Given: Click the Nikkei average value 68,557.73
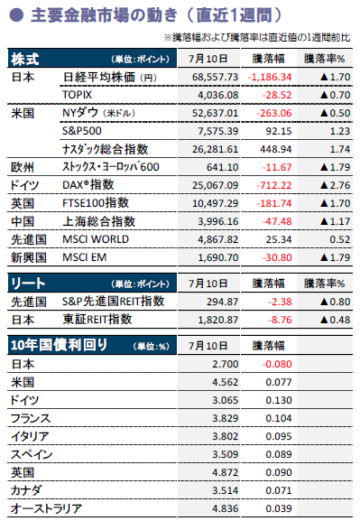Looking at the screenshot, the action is pyautogui.click(x=216, y=77).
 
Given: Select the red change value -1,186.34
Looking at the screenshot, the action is pyautogui.click(x=270, y=77).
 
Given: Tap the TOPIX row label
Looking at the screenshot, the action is pyautogui.click(x=77, y=95).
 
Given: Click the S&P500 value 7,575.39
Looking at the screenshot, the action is pyautogui.click(x=218, y=131).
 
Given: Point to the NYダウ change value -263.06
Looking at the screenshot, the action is pyautogui.click(x=274, y=113).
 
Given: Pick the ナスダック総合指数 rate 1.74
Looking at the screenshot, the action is pyautogui.click(x=340, y=149).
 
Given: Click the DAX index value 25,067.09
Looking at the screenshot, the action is pyautogui.click(x=216, y=185).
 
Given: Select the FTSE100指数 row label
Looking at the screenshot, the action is pyautogui.click(x=96, y=202).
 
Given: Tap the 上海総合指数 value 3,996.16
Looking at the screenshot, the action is pyautogui.click(x=218, y=221).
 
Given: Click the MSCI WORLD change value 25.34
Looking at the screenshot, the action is pyautogui.click(x=278, y=239).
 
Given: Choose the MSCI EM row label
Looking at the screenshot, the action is pyautogui.click(x=85, y=257).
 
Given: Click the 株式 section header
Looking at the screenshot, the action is pyautogui.click(x=25, y=60).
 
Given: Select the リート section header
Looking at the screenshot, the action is pyautogui.click(x=28, y=284).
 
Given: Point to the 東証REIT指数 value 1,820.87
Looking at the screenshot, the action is pyautogui.click(x=218, y=320).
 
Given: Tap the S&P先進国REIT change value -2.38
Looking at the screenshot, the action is pyautogui.click(x=280, y=302).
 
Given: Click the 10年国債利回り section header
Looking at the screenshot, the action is pyautogui.click(x=59, y=345).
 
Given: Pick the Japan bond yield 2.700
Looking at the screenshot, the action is pyautogui.click(x=226, y=364).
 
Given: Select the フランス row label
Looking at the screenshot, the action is pyautogui.click(x=31, y=418).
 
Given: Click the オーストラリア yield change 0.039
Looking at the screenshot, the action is pyautogui.click(x=278, y=508).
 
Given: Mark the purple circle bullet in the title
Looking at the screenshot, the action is pyautogui.click(x=16, y=15).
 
